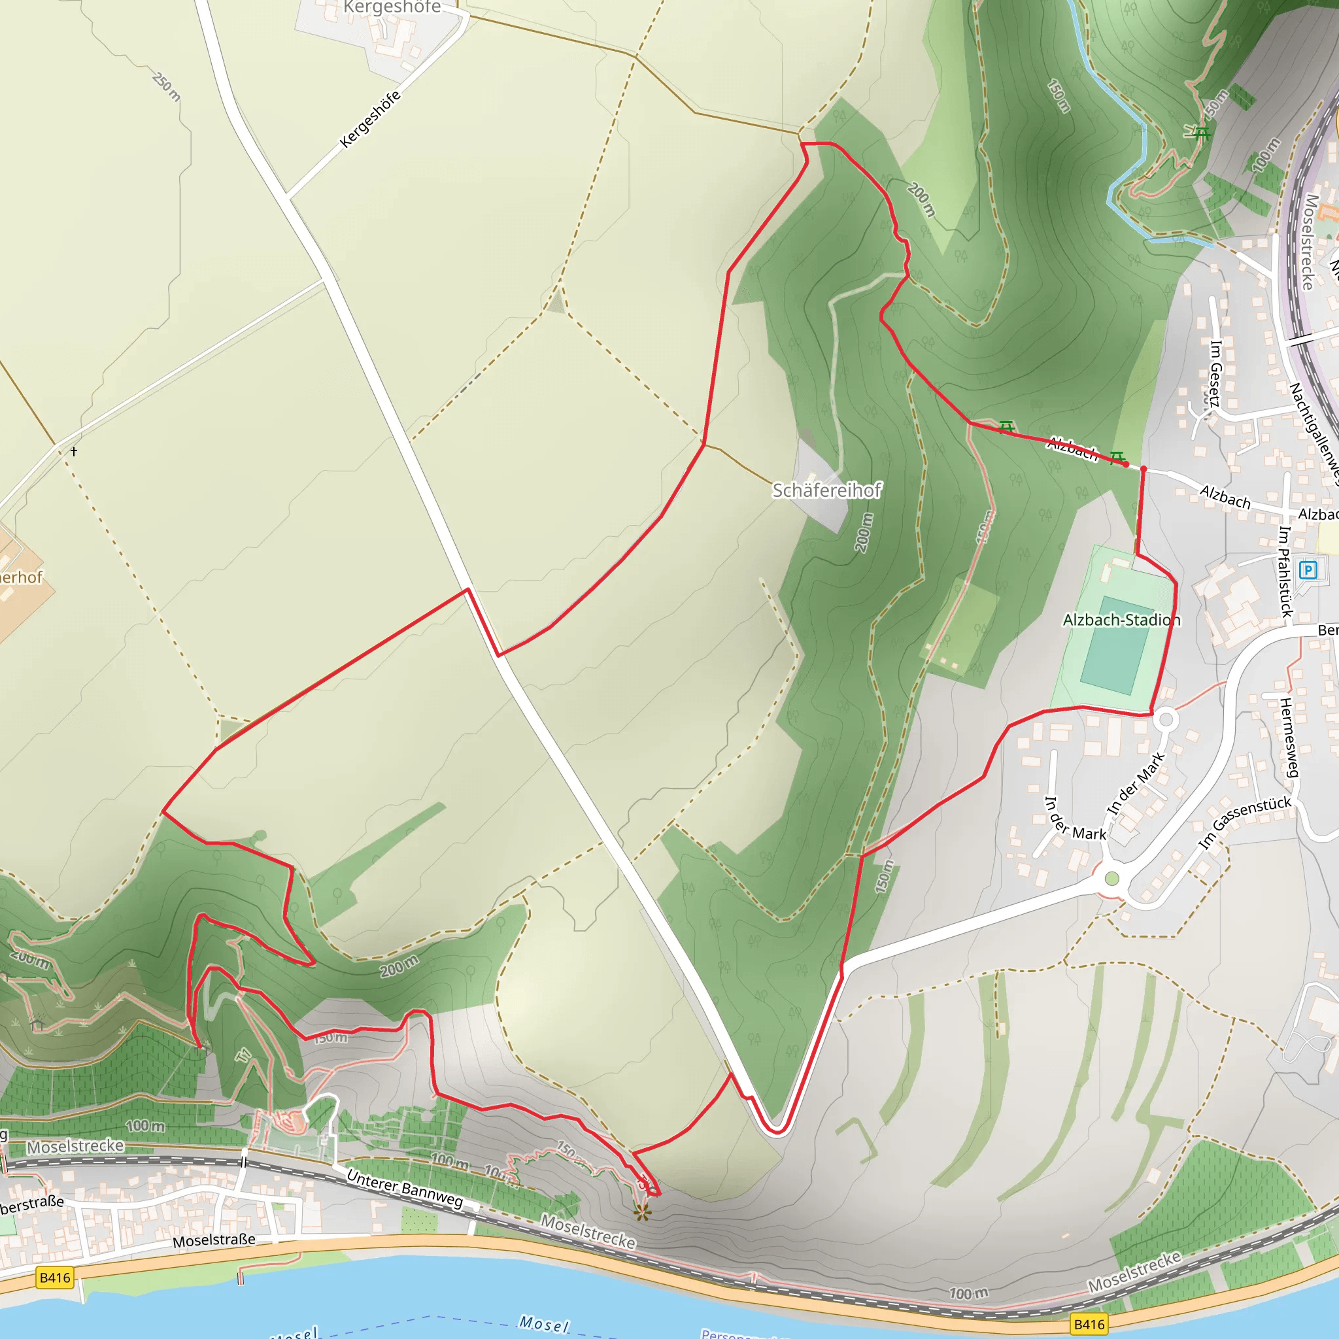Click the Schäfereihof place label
[827, 491]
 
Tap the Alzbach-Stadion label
[1121, 620]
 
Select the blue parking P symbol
[1307, 570]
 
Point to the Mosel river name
[544, 1324]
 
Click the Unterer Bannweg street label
[405, 1189]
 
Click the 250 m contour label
[166, 87]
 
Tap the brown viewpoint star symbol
[643, 1212]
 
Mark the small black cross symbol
[74, 451]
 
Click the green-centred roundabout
[1111, 879]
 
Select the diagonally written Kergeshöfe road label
[371, 118]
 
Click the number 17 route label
[244, 1055]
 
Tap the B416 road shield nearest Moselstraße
[55, 1278]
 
